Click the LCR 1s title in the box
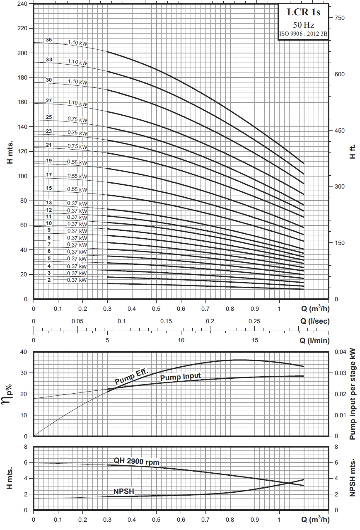(304, 12)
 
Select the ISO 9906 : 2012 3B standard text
(304, 34)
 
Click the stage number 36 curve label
(49, 40)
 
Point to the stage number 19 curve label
(49, 161)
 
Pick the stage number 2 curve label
(49, 280)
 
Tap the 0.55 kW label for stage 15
(77, 189)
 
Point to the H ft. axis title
(353, 152)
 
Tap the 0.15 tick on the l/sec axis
(166, 321)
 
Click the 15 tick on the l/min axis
(255, 340)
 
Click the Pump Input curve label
(180, 377)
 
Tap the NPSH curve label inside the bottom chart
(124, 492)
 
